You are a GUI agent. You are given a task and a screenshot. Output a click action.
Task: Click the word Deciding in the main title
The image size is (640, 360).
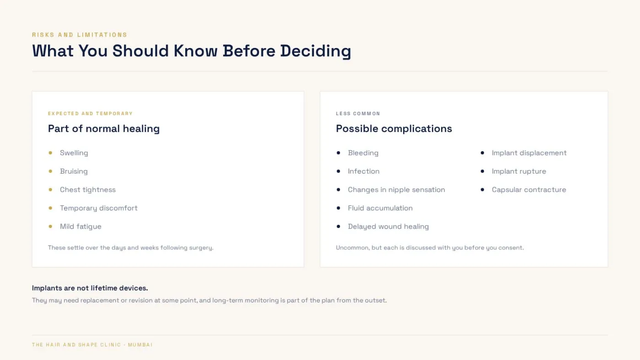[x=315, y=51]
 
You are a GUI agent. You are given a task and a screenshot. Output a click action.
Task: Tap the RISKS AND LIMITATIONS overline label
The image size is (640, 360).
[x=80, y=35]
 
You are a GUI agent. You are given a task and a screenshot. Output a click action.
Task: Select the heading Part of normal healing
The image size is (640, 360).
[x=104, y=129]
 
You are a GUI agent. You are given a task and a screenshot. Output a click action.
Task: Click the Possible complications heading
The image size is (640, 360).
[x=394, y=129]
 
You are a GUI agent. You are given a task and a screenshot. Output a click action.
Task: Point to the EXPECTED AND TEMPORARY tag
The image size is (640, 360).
[x=91, y=114]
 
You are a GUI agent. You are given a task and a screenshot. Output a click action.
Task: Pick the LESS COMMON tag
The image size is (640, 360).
[x=358, y=114]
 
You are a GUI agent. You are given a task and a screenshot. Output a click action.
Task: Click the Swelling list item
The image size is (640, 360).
[x=74, y=153]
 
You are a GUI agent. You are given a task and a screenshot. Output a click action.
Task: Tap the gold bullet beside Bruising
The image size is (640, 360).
[x=50, y=171]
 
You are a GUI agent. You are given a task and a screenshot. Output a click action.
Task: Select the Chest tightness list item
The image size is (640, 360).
[x=88, y=190]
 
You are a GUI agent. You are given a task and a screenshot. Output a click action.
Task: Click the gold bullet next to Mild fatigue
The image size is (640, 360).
[x=50, y=227]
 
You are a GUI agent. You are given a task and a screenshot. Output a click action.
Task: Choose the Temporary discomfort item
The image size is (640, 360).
[x=99, y=208]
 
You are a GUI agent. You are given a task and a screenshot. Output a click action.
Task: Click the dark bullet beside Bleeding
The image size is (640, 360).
[x=338, y=153]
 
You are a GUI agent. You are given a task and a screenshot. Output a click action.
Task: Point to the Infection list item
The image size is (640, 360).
[x=363, y=171]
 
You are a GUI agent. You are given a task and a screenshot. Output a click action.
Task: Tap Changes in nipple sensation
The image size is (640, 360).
[x=396, y=190]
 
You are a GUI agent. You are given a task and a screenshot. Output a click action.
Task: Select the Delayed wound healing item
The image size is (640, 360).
[x=388, y=227]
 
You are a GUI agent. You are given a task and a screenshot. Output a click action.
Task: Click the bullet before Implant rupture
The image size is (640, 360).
[x=482, y=171]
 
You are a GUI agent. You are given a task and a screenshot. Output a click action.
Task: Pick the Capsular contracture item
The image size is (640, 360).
[x=529, y=190]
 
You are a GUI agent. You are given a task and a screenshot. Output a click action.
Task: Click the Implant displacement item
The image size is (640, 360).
[x=529, y=153]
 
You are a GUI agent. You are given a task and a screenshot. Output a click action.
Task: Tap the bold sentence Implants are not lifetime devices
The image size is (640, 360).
[x=90, y=288]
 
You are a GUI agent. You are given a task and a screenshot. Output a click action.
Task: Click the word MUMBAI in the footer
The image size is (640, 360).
[x=140, y=345]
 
